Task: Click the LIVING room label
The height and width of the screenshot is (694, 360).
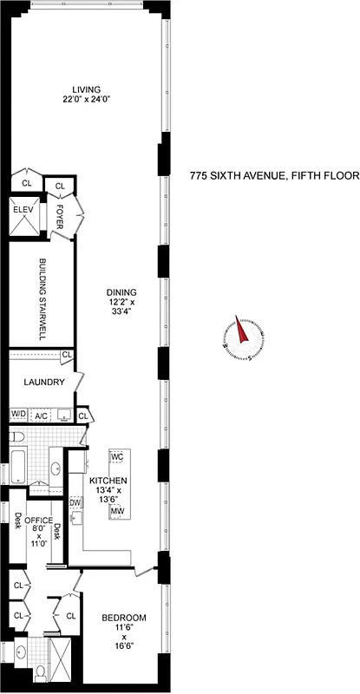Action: coord(87,88)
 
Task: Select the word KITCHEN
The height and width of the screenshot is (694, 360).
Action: coord(108,480)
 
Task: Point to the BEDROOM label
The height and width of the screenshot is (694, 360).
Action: coord(124,618)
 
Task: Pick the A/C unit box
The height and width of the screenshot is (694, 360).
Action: coord(41,416)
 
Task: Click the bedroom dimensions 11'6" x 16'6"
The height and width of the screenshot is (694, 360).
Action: coord(124,638)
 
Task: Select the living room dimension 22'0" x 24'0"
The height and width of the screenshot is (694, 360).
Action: coord(87,99)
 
